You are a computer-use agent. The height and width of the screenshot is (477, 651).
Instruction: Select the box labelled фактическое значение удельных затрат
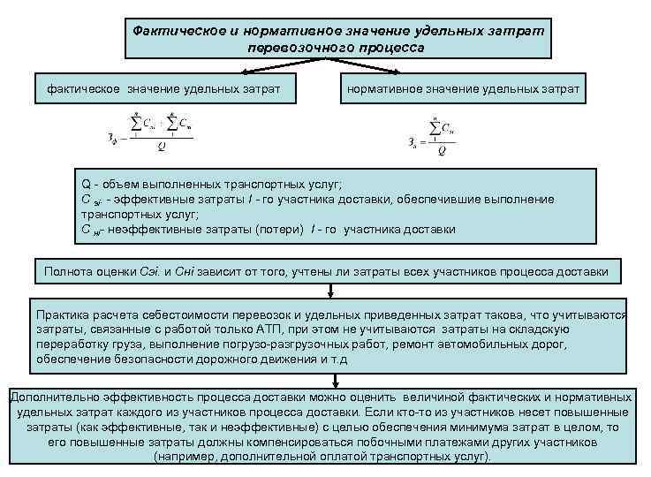163,89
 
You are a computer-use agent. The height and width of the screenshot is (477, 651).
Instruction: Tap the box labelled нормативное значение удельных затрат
464,89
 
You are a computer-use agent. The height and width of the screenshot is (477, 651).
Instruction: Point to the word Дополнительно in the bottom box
50,396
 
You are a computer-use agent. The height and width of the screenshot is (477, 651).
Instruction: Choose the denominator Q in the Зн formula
441,150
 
